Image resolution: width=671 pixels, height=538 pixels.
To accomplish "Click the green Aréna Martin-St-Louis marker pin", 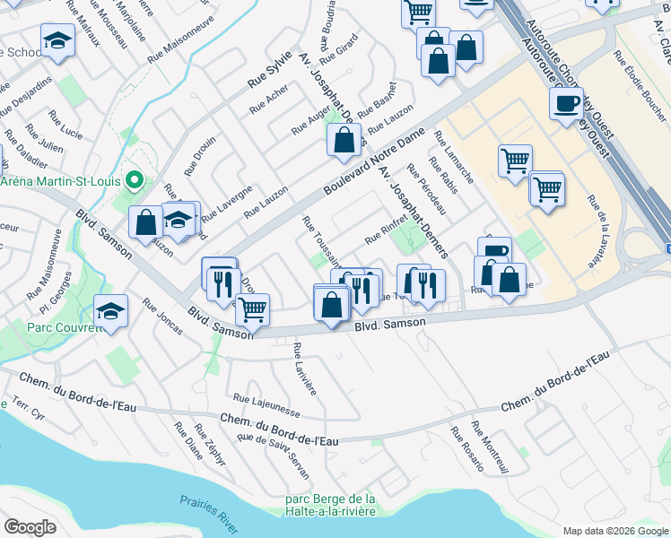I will pyautogui.click(x=135, y=180).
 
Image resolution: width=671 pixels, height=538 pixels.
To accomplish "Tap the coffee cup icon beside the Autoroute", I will pyautogui.click(x=565, y=105).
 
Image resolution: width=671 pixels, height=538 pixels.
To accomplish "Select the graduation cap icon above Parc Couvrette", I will pyautogui.click(x=111, y=311).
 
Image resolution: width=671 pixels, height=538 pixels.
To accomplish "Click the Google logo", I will pyautogui.click(x=30, y=527).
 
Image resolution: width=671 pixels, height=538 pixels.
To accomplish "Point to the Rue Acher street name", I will pyautogui.click(x=268, y=102).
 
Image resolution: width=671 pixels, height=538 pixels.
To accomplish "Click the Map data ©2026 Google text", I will pyautogui.click(x=614, y=530).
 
